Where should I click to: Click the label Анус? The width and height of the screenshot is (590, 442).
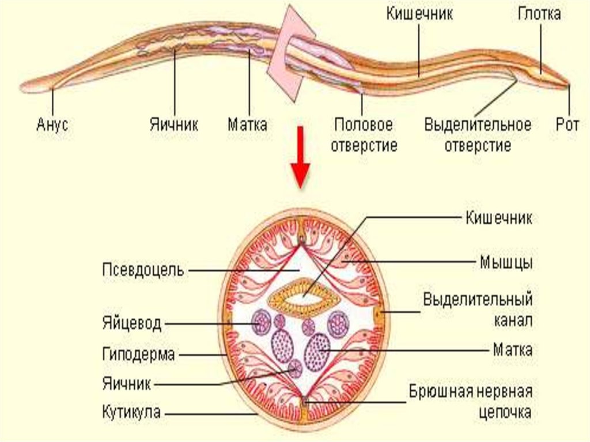click(52, 124)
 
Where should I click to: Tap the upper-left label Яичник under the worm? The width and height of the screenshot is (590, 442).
click(175, 124)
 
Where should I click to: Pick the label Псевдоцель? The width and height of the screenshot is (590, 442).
click(143, 270)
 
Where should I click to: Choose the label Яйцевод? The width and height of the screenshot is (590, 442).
click(132, 324)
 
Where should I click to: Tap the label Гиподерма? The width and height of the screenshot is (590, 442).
click(138, 354)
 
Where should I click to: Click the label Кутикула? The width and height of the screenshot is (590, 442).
click(132, 412)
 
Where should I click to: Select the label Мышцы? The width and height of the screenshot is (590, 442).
click(506, 263)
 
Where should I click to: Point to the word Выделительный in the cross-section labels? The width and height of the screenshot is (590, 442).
click(478, 300)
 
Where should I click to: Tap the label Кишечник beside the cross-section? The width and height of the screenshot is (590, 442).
click(498, 218)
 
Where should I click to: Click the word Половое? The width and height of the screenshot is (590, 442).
click(364, 124)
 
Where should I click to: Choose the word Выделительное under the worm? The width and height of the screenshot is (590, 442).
click(478, 124)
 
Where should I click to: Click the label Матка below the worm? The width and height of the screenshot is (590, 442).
click(247, 124)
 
